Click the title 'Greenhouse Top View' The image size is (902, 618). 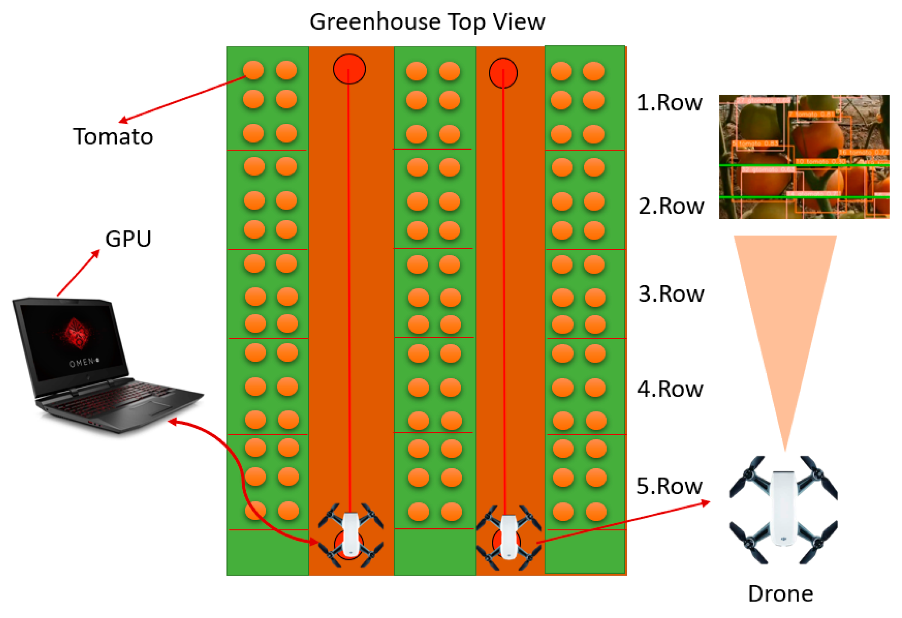click(427, 22)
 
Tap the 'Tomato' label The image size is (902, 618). click(113, 137)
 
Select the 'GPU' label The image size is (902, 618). click(128, 239)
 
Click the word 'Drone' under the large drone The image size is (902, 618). click(780, 594)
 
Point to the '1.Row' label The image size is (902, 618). click(669, 103)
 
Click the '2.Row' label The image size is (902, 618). click(671, 206)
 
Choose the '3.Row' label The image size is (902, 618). click(671, 294)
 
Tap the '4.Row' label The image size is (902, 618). click(670, 389)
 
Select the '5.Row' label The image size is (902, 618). click(669, 486)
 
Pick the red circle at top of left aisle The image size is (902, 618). click(349, 69)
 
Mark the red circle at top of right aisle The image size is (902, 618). click(503, 73)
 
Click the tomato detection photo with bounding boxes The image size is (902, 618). click(803, 156)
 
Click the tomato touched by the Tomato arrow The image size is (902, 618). click(253, 70)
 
